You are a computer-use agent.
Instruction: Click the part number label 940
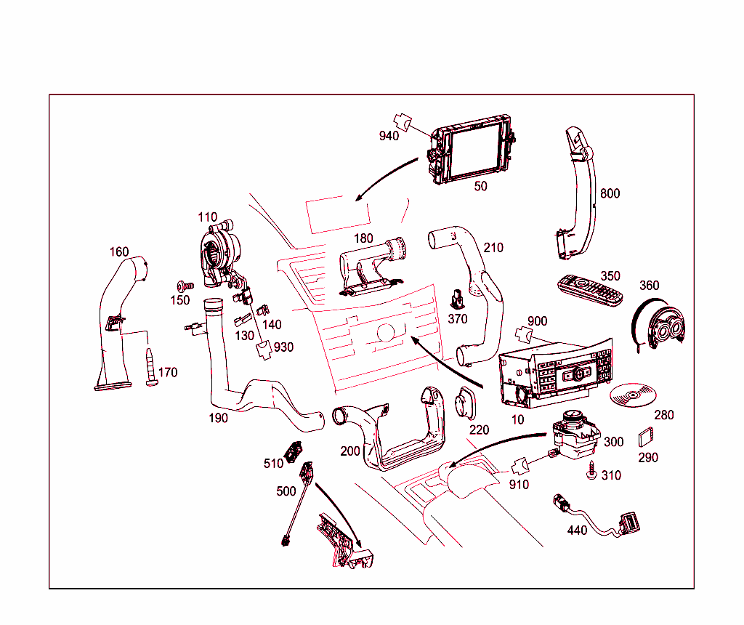click(389, 136)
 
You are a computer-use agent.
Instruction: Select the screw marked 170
click(152, 367)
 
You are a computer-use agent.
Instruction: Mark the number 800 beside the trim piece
click(610, 194)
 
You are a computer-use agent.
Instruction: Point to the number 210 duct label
click(493, 248)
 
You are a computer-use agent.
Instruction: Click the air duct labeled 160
click(120, 320)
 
